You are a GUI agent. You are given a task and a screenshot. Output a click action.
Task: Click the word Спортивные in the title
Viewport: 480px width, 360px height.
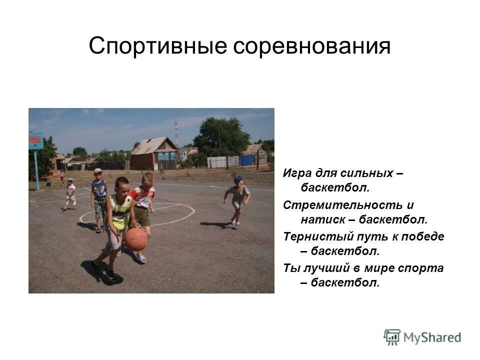[x=157, y=46]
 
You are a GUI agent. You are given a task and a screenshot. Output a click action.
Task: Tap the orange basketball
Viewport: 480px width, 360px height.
[x=136, y=239]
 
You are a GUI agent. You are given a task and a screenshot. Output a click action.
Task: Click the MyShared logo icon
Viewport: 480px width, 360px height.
[x=392, y=337]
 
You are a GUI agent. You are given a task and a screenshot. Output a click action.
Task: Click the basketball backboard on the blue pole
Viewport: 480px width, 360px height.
[x=36, y=141]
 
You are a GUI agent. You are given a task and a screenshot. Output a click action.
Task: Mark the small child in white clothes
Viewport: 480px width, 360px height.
[x=70, y=194]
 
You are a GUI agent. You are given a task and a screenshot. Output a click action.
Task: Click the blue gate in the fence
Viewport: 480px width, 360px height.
[x=245, y=160]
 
